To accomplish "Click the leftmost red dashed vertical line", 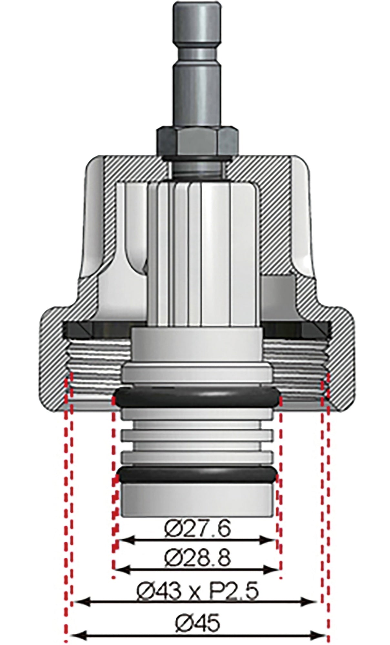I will [66, 516].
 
